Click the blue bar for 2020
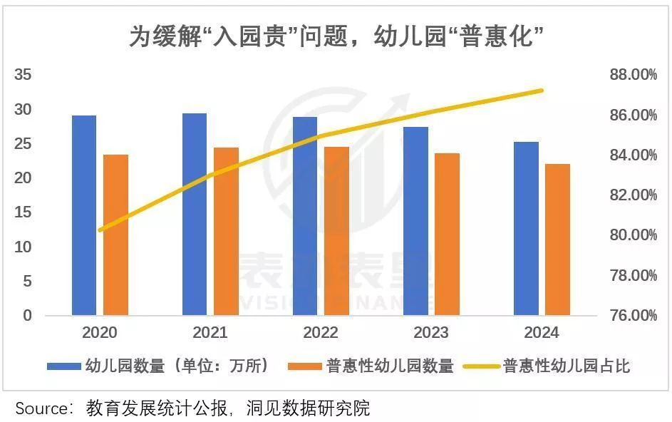pyautogui.click(x=84, y=215)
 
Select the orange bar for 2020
pyautogui.click(x=115, y=235)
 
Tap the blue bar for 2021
pyautogui.click(x=195, y=214)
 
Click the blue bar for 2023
pyautogui.click(x=416, y=220)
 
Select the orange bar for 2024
pyautogui.click(x=558, y=240)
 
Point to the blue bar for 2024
pyautogui.click(x=527, y=228)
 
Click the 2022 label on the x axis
pyautogui.click(x=321, y=333)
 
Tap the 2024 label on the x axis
pyautogui.click(x=542, y=333)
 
